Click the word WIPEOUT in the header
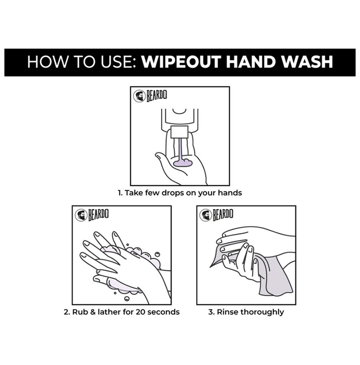tap(181, 62)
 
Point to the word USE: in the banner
tap(118, 62)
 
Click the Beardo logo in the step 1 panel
tap(150, 95)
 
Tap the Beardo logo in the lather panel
tap(92, 215)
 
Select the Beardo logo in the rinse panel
tap(217, 215)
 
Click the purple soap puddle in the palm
tap(183, 163)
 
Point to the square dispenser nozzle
tap(179, 132)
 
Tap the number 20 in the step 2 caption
tap(141, 312)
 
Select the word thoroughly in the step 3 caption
tap(262, 312)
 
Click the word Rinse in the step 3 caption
tap(227, 312)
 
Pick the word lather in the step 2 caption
tap(110, 312)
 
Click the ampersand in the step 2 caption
tap(93, 312)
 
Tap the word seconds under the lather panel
tap(163, 312)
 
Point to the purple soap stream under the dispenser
tap(179, 149)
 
